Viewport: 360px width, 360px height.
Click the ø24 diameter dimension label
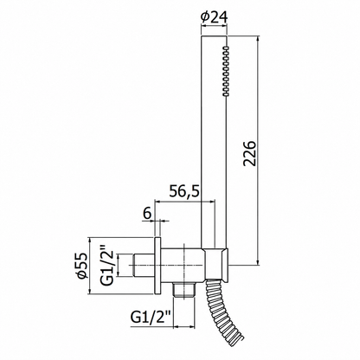pos(215,17)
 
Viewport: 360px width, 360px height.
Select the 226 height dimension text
pos(249,153)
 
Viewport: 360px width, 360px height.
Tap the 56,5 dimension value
pos(184,190)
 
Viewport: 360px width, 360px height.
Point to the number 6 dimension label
pos(147,214)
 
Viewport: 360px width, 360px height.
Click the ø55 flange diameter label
pos(82,266)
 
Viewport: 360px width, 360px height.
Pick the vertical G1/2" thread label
pos(107,266)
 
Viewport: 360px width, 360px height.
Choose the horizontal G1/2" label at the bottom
pos(151,318)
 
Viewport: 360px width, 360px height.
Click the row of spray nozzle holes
pos(225,71)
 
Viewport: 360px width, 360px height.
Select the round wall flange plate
pos(157,266)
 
